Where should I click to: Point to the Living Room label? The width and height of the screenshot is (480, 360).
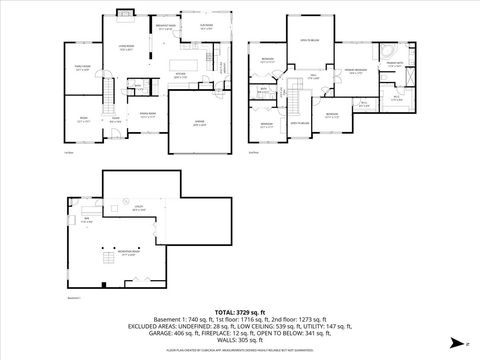coord(128,48)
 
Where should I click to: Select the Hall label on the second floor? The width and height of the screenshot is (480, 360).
coord(313,76)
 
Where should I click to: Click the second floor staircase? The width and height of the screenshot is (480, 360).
coord(297,101)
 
